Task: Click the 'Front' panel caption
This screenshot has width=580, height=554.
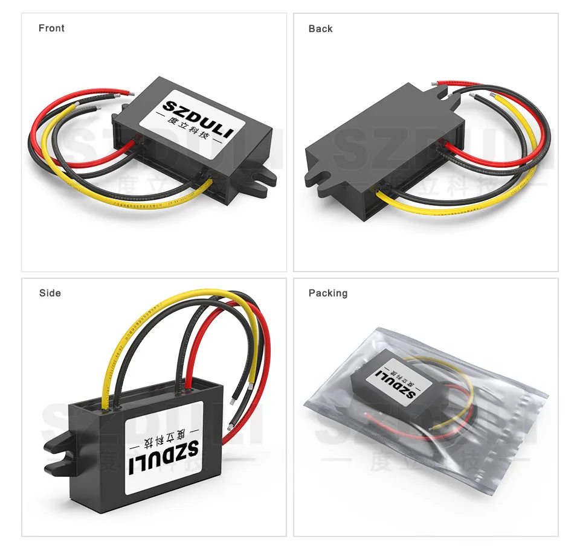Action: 51,28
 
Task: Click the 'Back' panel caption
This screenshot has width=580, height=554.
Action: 320,29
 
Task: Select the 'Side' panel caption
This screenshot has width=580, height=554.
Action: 50,293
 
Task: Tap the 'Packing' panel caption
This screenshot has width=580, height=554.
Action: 328,293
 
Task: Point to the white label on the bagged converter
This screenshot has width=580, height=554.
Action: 396,381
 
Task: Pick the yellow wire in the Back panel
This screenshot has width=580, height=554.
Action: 447,209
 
